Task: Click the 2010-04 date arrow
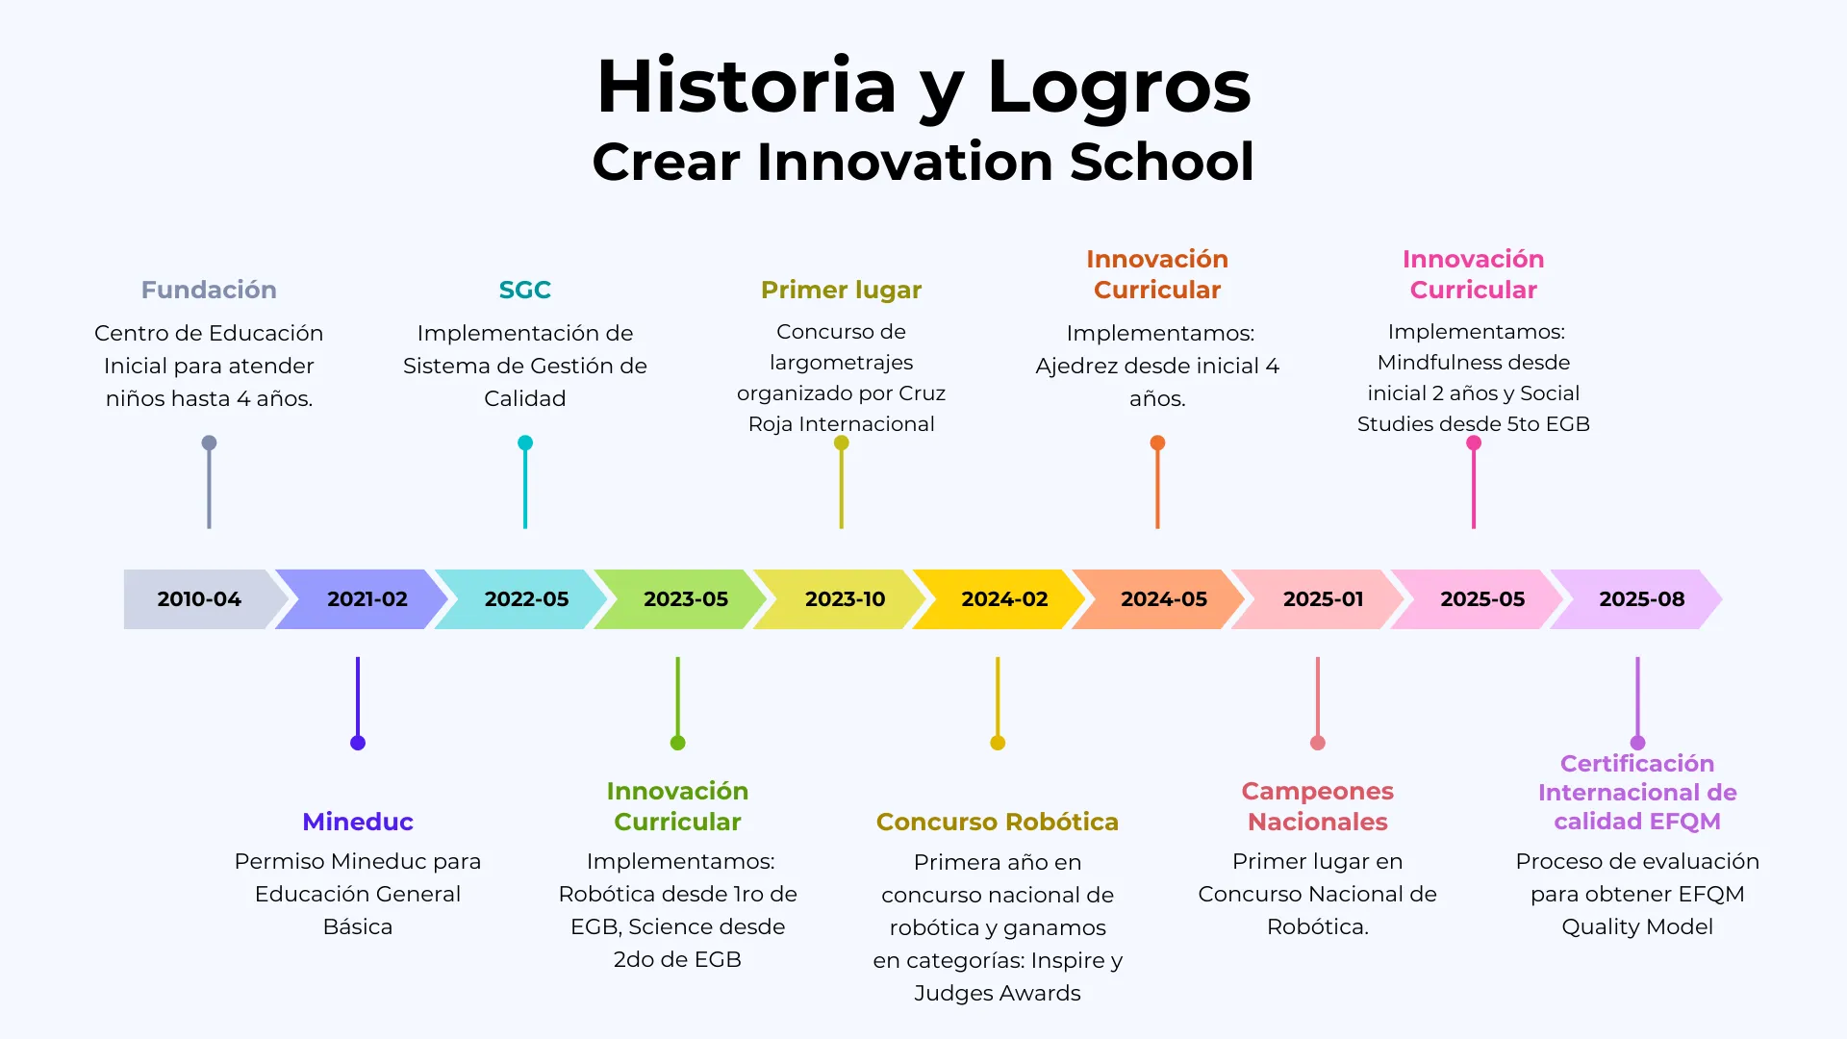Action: tap(199, 599)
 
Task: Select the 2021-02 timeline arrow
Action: tap(367, 599)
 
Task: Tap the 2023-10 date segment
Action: tap(845, 599)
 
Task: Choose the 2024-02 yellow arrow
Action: tap(1004, 599)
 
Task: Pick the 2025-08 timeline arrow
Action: tap(1641, 599)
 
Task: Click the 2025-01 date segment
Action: tap(1323, 599)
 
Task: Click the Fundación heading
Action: tap(209, 290)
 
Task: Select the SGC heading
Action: tap(524, 290)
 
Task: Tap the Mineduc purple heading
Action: tap(358, 822)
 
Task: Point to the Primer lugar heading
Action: tap(841, 290)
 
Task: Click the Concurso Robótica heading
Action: tap(997, 822)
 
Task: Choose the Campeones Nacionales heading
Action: tap(1317, 806)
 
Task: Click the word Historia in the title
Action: tap(746, 87)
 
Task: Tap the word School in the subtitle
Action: tap(1162, 162)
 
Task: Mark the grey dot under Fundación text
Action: tap(209, 443)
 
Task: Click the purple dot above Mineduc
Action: tap(358, 743)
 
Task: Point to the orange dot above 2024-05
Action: tap(1157, 443)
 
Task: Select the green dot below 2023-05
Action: tap(677, 743)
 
